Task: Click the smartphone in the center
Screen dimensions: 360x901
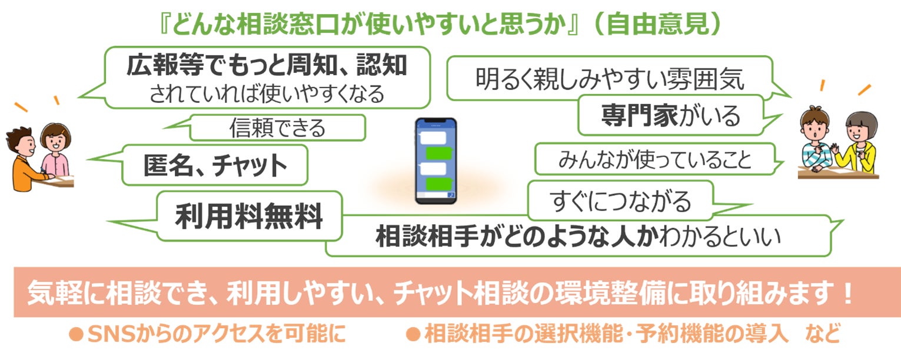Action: pos(435,161)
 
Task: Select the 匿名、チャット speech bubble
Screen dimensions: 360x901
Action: pos(215,165)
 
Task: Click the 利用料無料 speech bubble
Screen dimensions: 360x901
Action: pos(249,216)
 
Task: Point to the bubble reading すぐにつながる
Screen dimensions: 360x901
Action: pos(620,201)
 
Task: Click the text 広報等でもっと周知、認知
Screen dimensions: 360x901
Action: pos(267,66)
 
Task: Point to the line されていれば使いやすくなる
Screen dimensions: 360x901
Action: pos(267,94)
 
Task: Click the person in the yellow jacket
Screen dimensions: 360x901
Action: pos(859,144)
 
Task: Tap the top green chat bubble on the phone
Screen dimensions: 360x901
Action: pos(438,153)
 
